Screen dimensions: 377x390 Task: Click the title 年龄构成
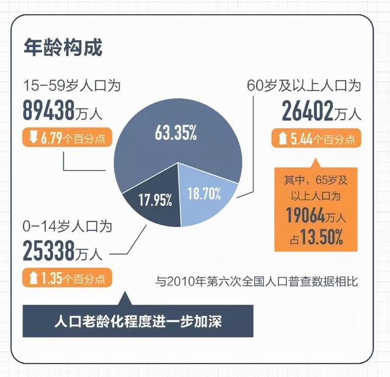(62, 47)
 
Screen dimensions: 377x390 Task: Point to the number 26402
(307, 111)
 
